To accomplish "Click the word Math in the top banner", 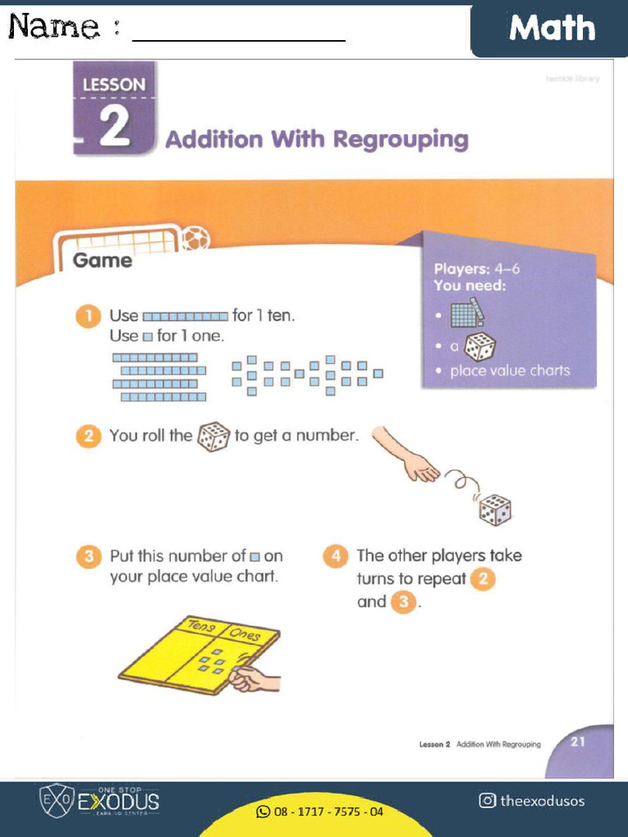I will click(x=552, y=29).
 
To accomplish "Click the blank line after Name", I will click(x=239, y=38).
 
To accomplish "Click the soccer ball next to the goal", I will click(x=195, y=239).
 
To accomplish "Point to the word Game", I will click(x=102, y=261).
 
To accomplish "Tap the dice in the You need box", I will click(x=480, y=346).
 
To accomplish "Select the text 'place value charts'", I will click(x=509, y=371).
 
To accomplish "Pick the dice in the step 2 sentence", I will click(x=213, y=436).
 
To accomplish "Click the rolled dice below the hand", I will click(x=495, y=510).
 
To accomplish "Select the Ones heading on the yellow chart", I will click(x=244, y=635).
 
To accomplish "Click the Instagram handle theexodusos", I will click(x=532, y=800).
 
